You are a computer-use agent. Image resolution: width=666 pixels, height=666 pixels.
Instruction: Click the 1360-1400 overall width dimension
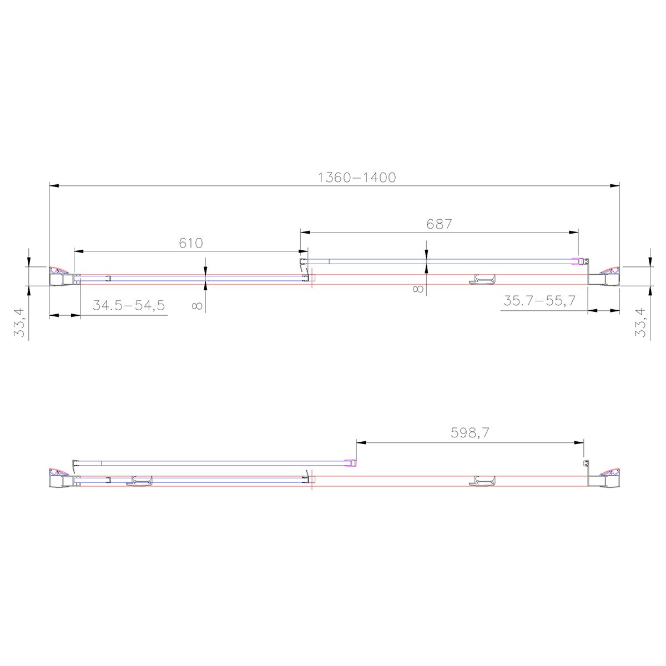[x=356, y=178]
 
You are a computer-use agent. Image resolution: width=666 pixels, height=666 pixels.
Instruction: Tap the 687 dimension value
[x=439, y=224]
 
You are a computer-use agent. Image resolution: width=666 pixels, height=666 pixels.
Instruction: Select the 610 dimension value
[x=191, y=243]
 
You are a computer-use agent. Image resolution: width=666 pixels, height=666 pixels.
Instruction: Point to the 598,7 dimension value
[x=470, y=433]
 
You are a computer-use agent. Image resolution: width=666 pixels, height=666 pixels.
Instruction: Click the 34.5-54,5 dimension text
[x=129, y=305]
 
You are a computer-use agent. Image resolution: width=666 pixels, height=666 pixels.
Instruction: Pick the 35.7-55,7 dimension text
[x=539, y=301]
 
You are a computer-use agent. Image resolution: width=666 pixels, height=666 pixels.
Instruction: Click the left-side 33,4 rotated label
[x=19, y=322]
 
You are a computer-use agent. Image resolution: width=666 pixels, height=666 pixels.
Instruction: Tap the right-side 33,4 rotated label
[x=640, y=322]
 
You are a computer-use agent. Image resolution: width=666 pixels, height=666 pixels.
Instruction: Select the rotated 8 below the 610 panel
[x=196, y=305]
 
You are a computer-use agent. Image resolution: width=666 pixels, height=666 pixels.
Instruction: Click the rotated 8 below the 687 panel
[x=418, y=289]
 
